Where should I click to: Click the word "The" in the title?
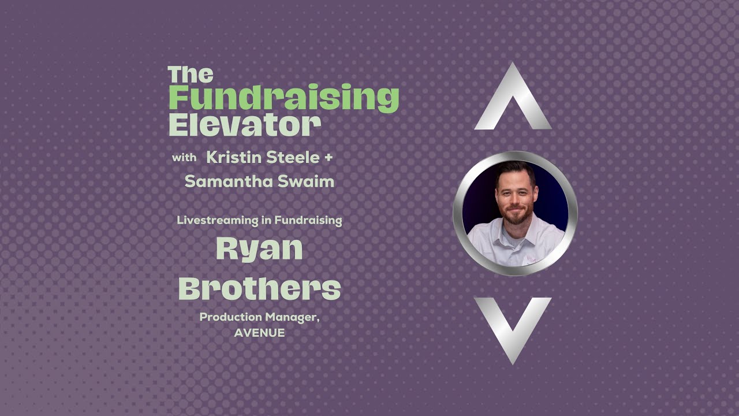point(191,75)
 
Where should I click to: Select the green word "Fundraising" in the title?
point(283,98)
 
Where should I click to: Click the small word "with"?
point(184,157)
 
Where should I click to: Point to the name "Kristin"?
point(231,157)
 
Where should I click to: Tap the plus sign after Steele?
point(329,157)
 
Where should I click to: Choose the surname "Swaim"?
point(309,181)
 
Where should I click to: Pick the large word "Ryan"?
point(259,249)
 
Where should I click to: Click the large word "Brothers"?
point(259,288)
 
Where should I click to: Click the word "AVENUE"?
point(259,333)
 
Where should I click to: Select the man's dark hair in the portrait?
point(513,170)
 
